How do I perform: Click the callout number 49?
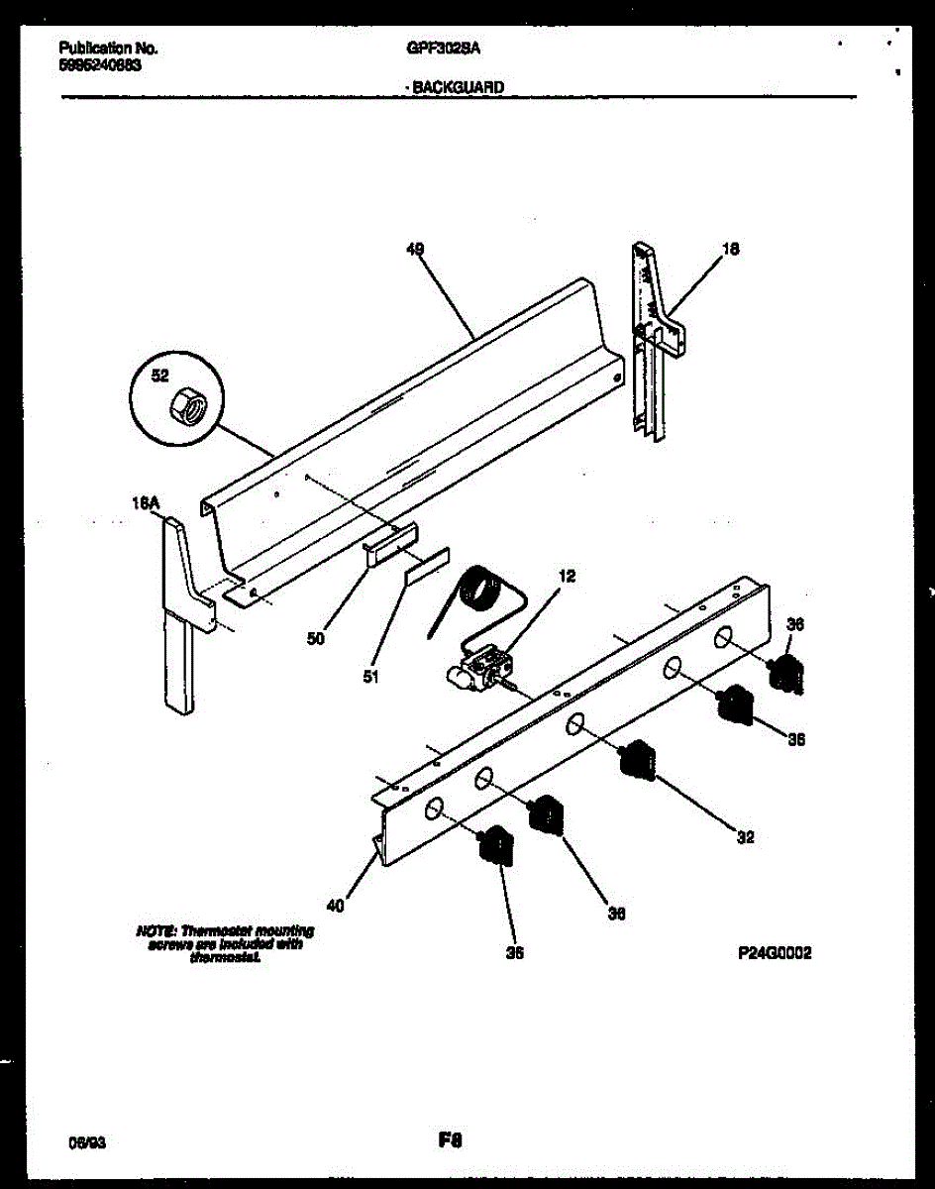click(x=416, y=252)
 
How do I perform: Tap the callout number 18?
click(x=730, y=250)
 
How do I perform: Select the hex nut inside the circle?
click(x=184, y=403)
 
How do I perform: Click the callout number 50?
click(x=315, y=639)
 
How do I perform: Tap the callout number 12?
click(x=567, y=576)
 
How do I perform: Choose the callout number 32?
click(x=746, y=837)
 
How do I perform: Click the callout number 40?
click(x=336, y=905)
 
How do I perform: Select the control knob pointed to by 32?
click(x=637, y=759)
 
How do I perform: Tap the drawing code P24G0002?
click(x=776, y=953)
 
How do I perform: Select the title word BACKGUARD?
click(x=458, y=87)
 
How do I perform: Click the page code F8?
click(x=452, y=1140)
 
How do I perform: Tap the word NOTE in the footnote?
click(x=155, y=930)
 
